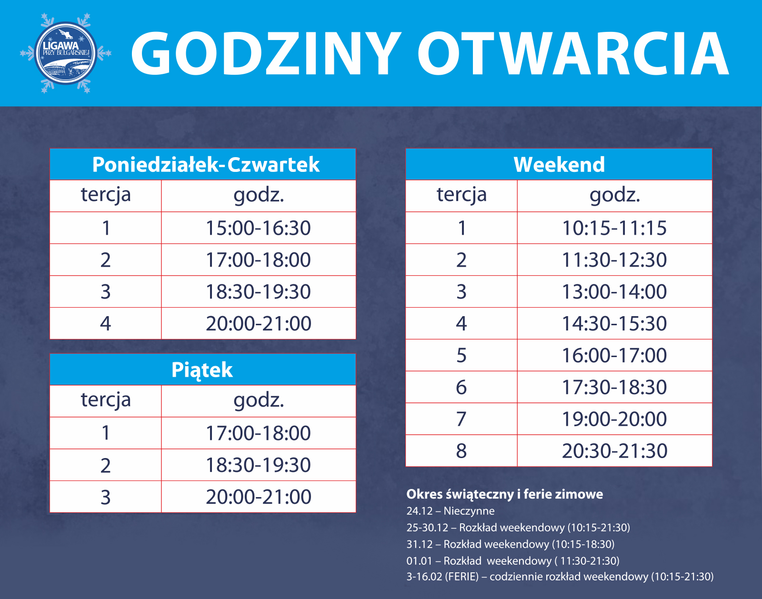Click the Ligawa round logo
point(66,53)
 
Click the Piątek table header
point(203,369)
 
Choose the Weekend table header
point(559,164)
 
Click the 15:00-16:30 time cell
point(259,228)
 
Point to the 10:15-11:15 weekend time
point(614,228)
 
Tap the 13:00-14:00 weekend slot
point(614,291)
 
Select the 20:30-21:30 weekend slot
point(614,450)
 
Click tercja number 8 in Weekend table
point(461,450)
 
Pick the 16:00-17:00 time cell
point(614,355)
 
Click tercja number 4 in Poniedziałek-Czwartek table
point(106,323)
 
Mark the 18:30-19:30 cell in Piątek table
point(259,465)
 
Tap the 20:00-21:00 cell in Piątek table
point(259,497)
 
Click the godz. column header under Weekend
point(615,195)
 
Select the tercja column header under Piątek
point(106,400)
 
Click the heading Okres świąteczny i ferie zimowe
point(504,494)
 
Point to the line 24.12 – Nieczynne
point(451,511)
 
